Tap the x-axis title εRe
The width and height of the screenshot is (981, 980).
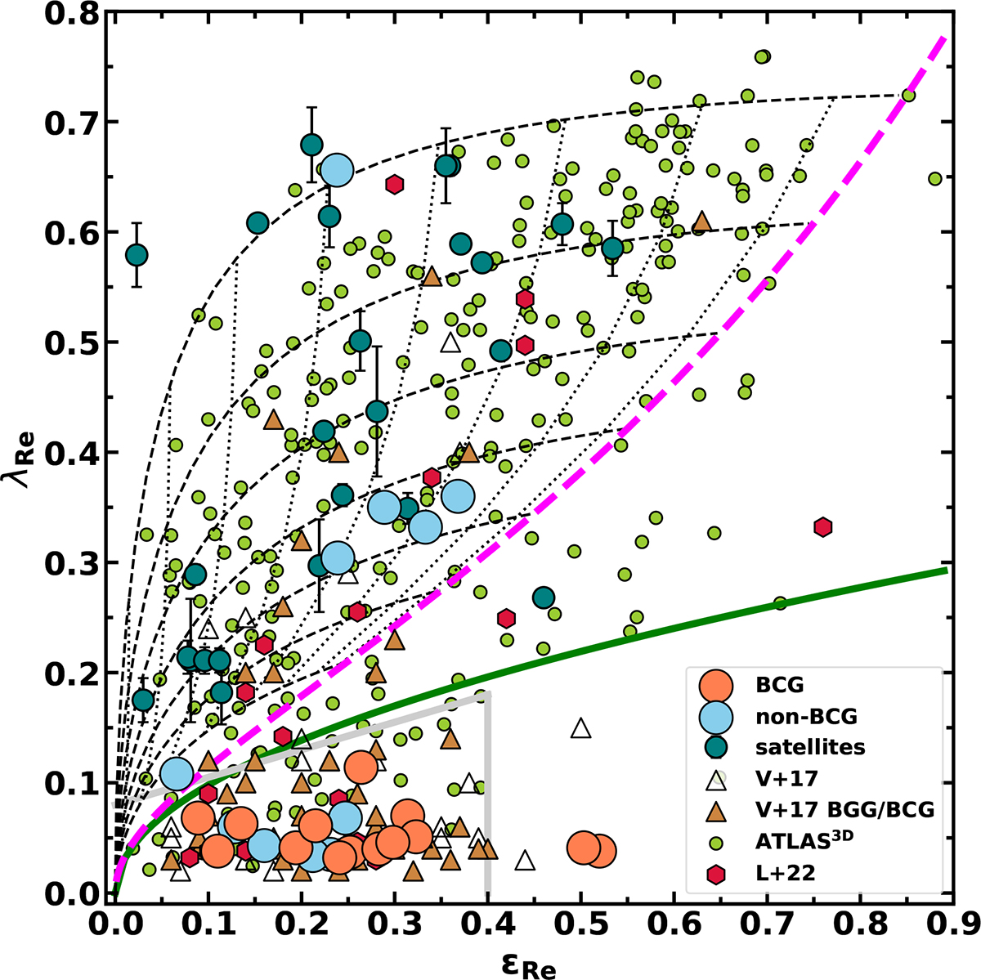tap(532, 959)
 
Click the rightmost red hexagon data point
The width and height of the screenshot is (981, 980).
tap(823, 527)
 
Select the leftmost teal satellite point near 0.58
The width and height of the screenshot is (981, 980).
tap(137, 255)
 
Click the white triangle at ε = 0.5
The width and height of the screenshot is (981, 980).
tap(580, 728)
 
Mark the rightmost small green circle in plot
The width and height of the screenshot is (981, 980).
tap(935, 178)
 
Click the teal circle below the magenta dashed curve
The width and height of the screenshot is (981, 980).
tap(544, 598)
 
